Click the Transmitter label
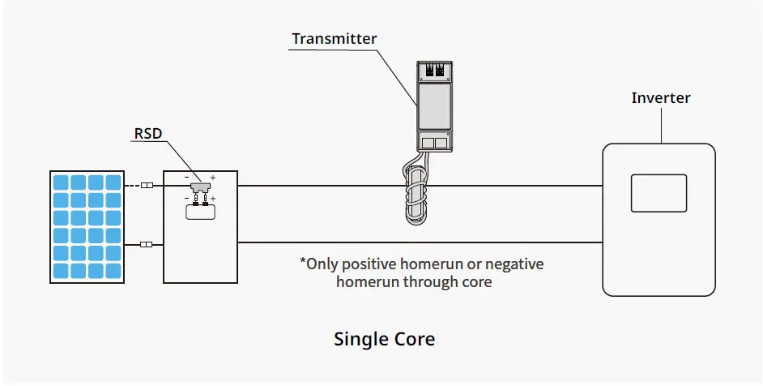(335, 39)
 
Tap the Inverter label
(661, 98)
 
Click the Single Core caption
(384, 339)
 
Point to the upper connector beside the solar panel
(147, 186)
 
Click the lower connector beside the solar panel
(147, 244)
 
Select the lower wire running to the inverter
(421, 242)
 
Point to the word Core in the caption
(414, 339)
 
